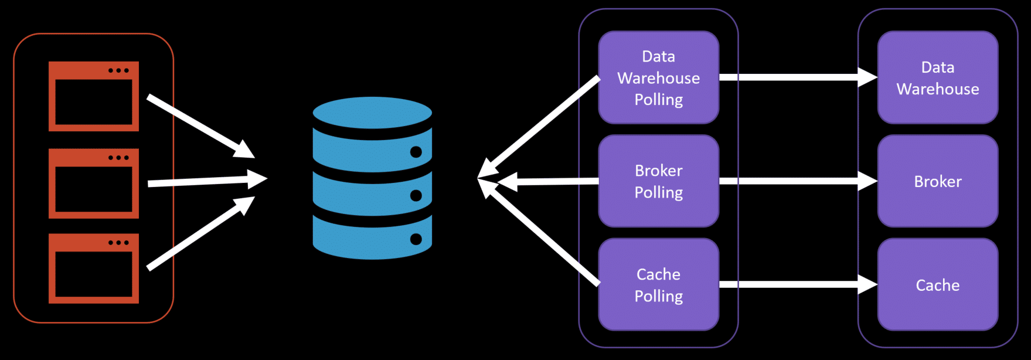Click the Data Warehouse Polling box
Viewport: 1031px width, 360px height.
658,77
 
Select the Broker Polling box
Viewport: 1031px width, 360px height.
658,181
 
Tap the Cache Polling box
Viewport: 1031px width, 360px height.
658,284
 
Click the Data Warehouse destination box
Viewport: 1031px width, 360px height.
937,77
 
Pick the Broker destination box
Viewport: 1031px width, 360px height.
937,181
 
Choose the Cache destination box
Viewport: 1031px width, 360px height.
937,284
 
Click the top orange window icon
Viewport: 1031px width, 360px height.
94,96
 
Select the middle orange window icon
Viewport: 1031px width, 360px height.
94,183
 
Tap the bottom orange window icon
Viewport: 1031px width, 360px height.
94,269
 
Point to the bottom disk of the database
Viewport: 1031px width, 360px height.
372,237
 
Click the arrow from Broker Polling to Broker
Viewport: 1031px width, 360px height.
797,181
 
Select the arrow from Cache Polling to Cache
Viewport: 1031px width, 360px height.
797,284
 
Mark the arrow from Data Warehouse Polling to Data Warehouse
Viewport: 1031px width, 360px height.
797,77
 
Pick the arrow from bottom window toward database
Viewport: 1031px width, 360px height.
199,233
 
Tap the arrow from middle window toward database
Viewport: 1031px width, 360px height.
205,181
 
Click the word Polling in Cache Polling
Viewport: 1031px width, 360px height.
658,296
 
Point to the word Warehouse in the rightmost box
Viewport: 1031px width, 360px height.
937,89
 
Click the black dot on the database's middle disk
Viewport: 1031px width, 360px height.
416,195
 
